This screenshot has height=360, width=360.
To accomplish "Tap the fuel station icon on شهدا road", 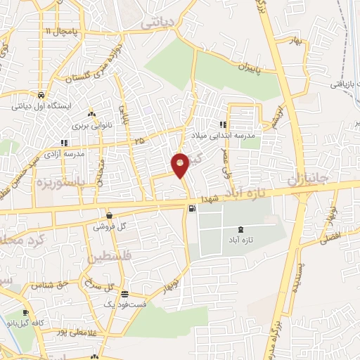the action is (x=191, y=208).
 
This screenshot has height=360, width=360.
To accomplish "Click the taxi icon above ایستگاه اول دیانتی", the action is (x=41, y=96).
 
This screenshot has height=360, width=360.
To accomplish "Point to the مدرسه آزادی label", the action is (x=65, y=153).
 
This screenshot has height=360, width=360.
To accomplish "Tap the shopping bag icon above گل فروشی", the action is (x=109, y=215).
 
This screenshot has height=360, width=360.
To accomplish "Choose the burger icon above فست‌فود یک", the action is (x=124, y=294).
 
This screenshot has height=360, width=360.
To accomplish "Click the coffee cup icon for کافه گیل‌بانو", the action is (x=26, y=313).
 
